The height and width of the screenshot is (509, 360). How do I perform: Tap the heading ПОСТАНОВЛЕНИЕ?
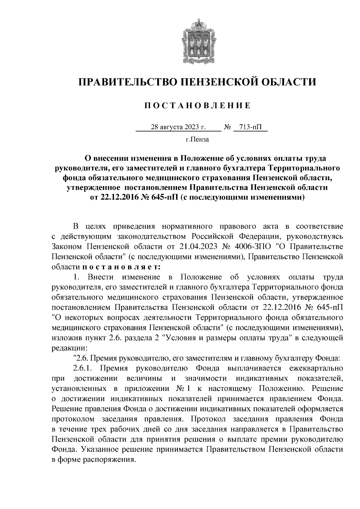[197, 106]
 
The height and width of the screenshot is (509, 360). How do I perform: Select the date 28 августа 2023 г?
[178, 127]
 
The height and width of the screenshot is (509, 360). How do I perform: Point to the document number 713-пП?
[250, 127]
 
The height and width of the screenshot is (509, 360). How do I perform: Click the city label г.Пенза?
[197, 139]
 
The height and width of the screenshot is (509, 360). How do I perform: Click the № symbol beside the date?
[227, 127]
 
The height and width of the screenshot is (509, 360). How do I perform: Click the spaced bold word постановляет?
[121, 266]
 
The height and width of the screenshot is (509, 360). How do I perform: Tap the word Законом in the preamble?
[66, 246]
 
